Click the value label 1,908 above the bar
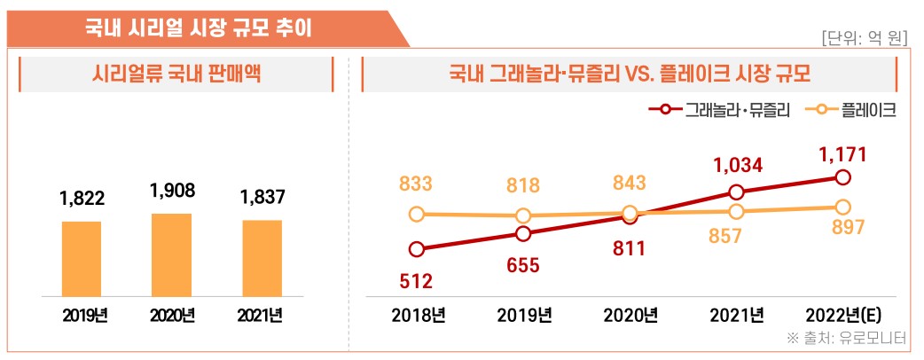pyautogui.click(x=172, y=191)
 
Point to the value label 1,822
pyautogui.click(x=81, y=199)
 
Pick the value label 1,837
pyautogui.click(x=262, y=198)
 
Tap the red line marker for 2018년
pyautogui.click(x=417, y=249)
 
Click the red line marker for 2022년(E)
pyautogui.click(x=842, y=177)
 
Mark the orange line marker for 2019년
pyautogui.click(x=523, y=215)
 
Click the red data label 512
pyautogui.click(x=416, y=281)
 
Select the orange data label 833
pyautogui.click(x=416, y=184)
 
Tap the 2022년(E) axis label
pyautogui.click(x=842, y=315)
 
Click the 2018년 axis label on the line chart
pyautogui.click(x=417, y=315)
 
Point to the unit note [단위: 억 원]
pyautogui.click(x=865, y=38)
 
